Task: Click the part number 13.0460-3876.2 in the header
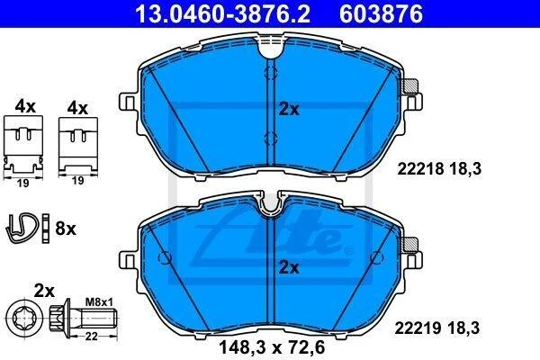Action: point(223,14)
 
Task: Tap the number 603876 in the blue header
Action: point(382,14)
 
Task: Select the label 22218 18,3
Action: point(439,169)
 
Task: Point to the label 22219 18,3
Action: point(437,328)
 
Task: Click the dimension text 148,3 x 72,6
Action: point(272,347)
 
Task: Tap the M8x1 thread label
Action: point(99,302)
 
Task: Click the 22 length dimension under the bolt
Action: point(91,337)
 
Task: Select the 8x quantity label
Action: point(66,228)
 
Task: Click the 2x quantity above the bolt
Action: point(44,292)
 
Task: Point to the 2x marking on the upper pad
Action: point(289,110)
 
